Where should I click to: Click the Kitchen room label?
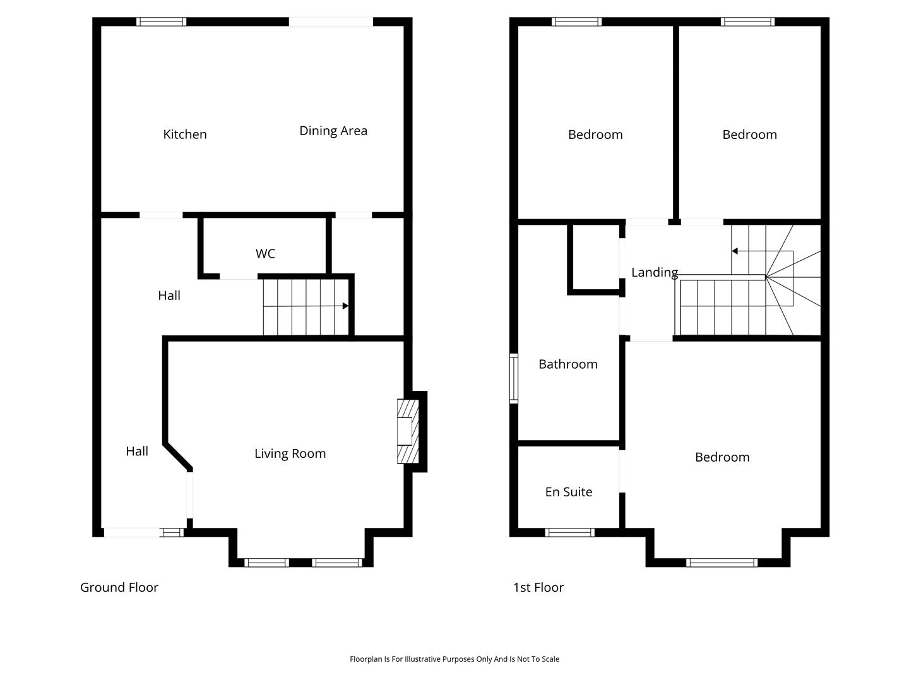pyautogui.click(x=185, y=134)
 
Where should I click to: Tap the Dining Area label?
pyautogui.click(x=333, y=131)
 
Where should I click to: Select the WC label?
pyautogui.click(x=265, y=253)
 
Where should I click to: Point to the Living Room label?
pyautogui.click(x=290, y=453)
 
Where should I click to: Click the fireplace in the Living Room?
pyautogui.click(x=408, y=431)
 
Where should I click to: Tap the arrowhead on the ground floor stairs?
pyautogui.click(x=345, y=306)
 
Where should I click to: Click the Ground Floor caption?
pyautogui.click(x=119, y=587)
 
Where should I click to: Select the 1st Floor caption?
pyautogui.click(x=538, y=587)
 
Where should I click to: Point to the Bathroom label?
pyautogui.click(x=567, y=364)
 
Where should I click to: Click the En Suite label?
pyautogui.click(x=569, y=491)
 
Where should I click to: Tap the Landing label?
pyautogui.click(x=655, y=272)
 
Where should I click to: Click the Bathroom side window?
pyautogui.click(x=513, y=378)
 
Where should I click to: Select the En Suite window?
pyautogui.click(x=569, y=532)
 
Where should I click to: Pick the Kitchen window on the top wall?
pyautogui.click(x=162, y=21)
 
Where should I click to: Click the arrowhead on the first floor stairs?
pyautogui.click(x=735, y=251)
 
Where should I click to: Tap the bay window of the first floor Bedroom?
pyautogui.click(x=722, y=563)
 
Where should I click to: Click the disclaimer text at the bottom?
pyautogui.click(x=454, y=659)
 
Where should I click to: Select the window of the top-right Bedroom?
pyautogui.click(x=747, y=21)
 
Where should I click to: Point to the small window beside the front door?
pyautogui.click(x=172, y=532)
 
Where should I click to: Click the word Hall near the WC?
pyautogui.click(x=169, y=296)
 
